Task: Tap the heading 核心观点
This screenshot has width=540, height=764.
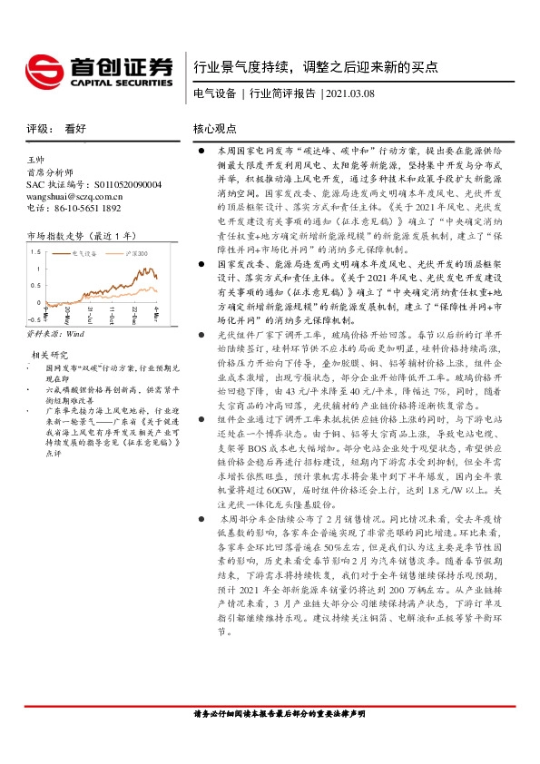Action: coord(215,129)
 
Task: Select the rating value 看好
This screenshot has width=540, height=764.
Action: coord(75,129)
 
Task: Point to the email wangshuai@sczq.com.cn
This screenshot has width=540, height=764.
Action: coord(70,195)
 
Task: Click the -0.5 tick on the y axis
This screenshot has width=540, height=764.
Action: coord(34,319)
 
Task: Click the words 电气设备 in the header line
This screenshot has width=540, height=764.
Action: coord(215,93)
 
